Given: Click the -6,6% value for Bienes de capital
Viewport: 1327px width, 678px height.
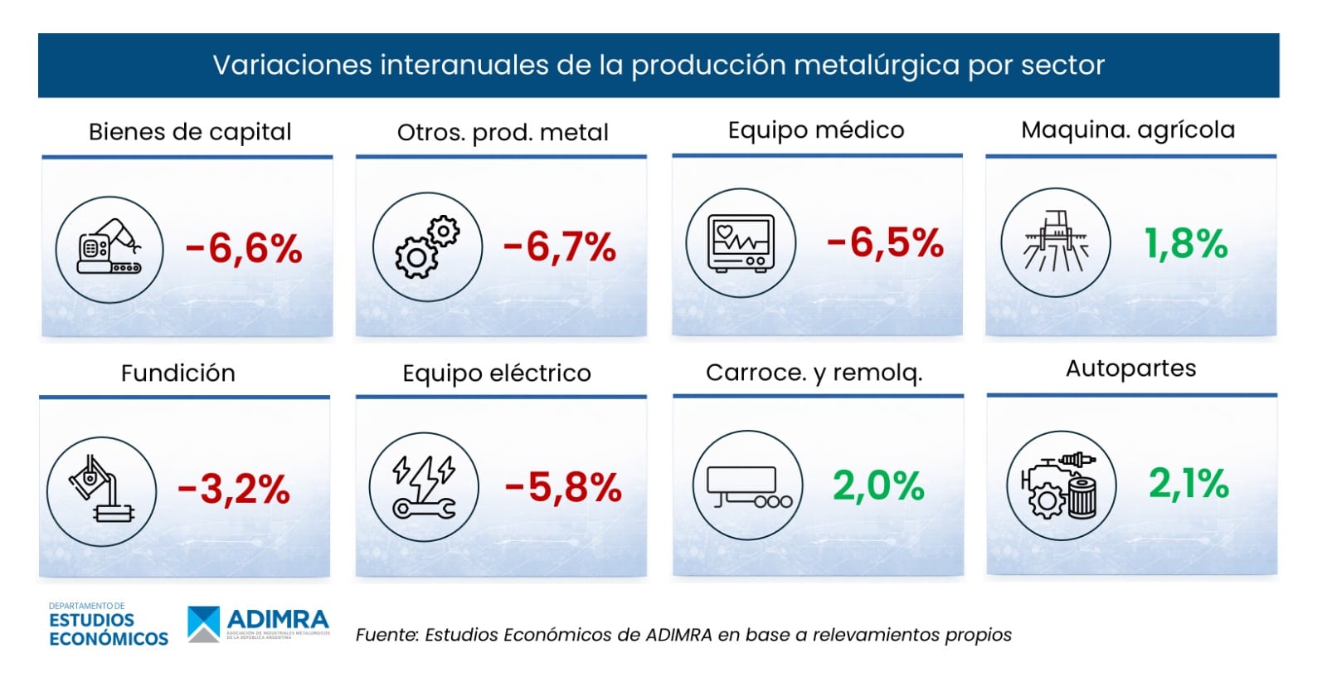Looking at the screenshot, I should point(244,248).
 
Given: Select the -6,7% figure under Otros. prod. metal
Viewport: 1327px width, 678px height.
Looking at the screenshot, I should point(560,246).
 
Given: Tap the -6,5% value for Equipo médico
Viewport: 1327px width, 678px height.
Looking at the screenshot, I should point(885,243).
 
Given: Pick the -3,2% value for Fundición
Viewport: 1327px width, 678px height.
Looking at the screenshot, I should point(234,489).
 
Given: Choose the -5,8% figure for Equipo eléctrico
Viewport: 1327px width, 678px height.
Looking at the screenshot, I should point(563,487).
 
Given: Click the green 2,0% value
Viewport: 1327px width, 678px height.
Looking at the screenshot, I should point(878,485).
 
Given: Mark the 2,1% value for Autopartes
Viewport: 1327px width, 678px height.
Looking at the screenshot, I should point(1188,483).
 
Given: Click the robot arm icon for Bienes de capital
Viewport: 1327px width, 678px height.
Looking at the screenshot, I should point(109,249).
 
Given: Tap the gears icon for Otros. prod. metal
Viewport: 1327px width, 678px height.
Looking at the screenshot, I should point(427,247).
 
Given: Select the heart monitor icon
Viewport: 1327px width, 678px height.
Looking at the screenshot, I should point(741,243).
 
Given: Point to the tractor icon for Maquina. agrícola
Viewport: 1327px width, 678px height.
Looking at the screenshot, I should point(1055,242).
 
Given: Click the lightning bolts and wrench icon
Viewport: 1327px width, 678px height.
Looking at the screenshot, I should point(424,487).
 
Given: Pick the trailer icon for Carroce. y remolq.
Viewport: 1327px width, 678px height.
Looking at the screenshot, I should point(748,485).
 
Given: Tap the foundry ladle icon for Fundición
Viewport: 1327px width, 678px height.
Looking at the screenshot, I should point(101,491).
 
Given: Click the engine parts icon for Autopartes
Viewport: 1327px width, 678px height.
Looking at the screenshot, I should point(1061,485).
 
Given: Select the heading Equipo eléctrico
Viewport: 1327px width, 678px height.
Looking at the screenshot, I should point(497,373).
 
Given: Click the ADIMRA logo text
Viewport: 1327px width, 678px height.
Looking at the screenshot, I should point(278,619).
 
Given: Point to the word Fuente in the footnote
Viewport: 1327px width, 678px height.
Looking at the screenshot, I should point(386,635).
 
